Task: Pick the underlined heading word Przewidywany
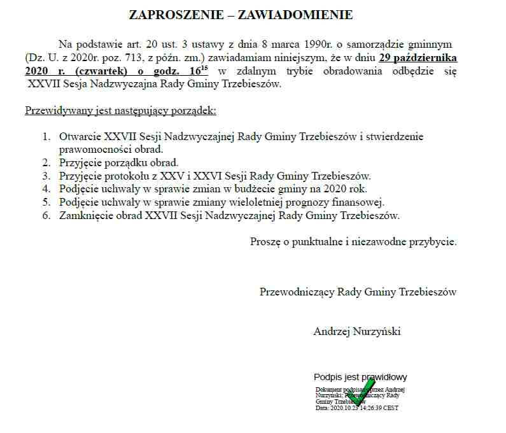pyautogui.click(x=54, y=111)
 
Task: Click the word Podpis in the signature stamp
pyautogui.click(x=328, y=377)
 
